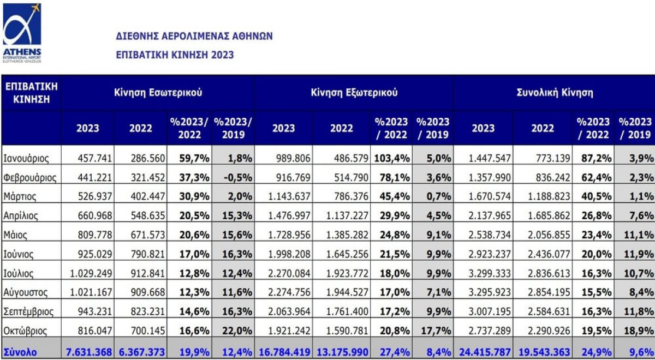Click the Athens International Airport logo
(x=22, y=32)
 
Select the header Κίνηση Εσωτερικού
(x=158, y=93)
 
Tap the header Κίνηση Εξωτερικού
(x=354, y=93)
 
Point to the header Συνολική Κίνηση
(x=555, y=93)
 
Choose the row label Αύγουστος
(x=26, y=292)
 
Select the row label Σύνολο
(x=20, y=352)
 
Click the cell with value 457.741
(x=88, y=159)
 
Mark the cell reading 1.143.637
(x=287, y=197)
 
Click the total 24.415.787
(x=480, y=352)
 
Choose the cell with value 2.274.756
(x=287, y=292)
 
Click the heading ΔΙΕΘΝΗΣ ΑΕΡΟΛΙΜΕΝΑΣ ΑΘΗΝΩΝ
(x=194, y=37)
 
